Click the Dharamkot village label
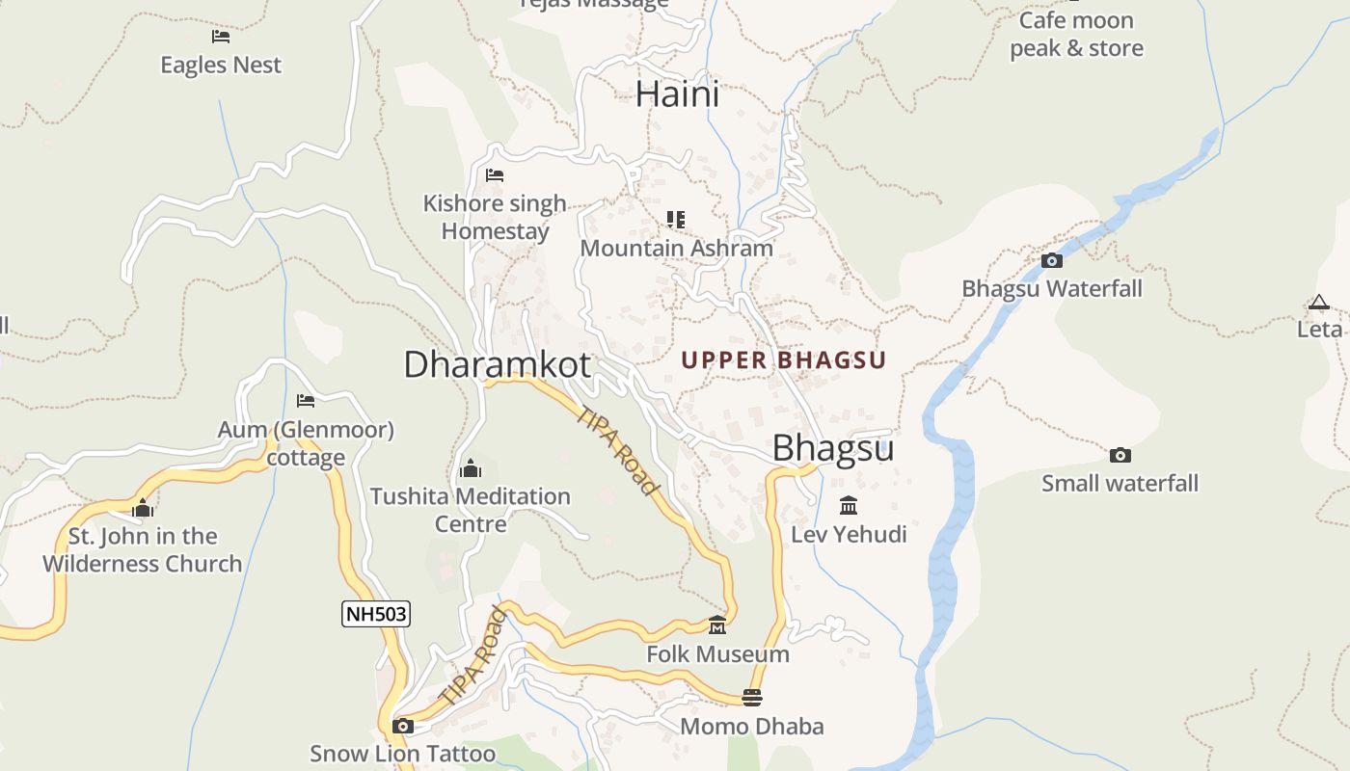(497, 365)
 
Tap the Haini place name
(678, 94)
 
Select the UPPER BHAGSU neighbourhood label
(783, 360)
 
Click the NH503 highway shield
(376, 614)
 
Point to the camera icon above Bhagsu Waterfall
(1052, 260)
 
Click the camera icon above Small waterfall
(1120, 455)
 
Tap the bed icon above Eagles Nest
(221, 37)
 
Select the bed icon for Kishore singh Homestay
(495, 175)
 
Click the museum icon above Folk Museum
(717, 626)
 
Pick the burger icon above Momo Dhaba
(752, 697)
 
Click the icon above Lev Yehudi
(849, 506)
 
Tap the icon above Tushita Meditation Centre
(471, 468)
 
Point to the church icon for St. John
(143, 508)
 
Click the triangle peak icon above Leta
(1319, 303)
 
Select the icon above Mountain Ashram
(676, 220)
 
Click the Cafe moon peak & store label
(1076, 35)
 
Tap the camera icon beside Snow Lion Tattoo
(403, 726)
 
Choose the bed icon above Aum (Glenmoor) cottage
(306, 401)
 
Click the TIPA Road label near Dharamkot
(618, 450)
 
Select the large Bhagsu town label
(833, 448)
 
